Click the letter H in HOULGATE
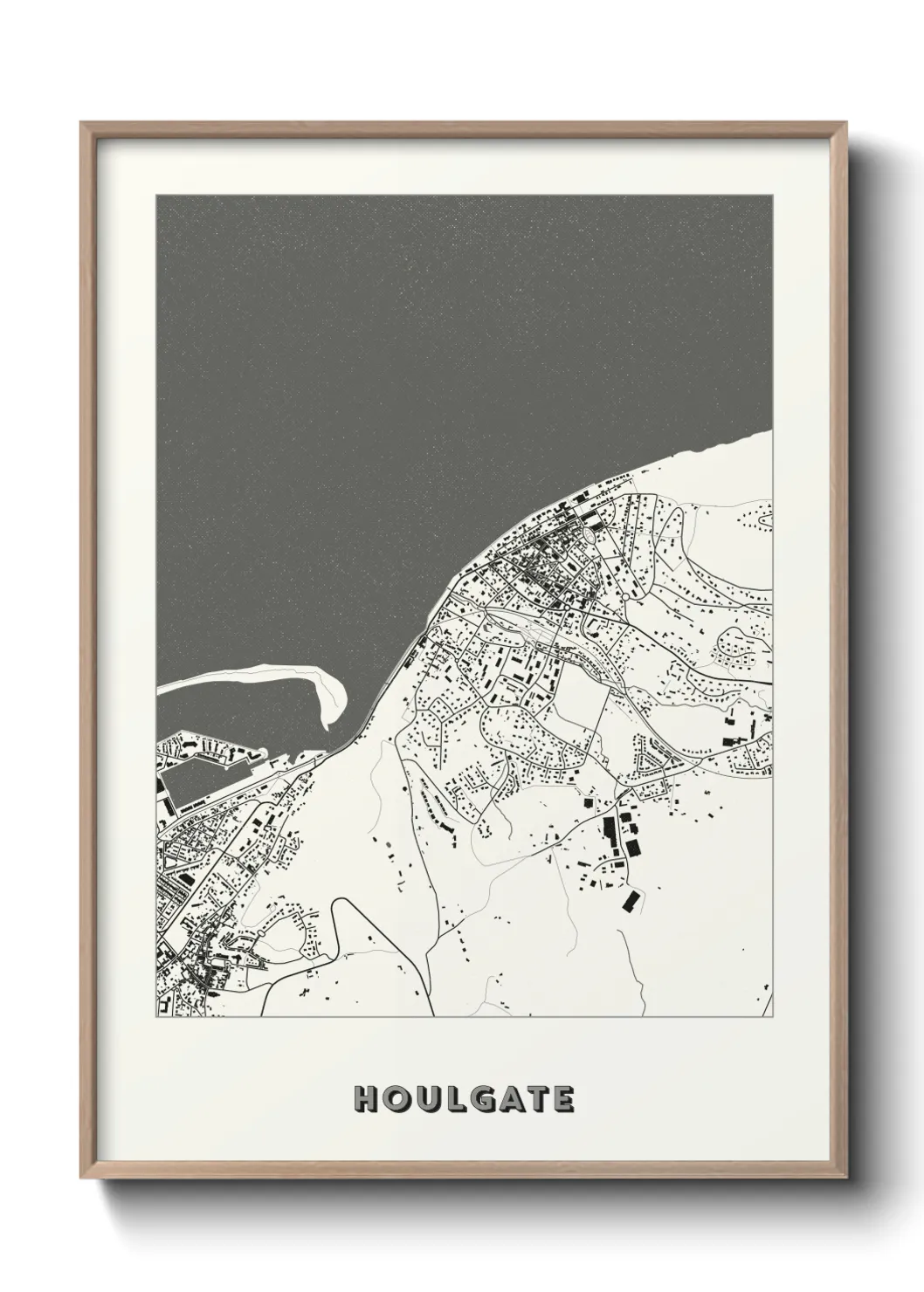pyautogui.click(x=365, y=1099)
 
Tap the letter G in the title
pyautogui.click(x=483, y=1099)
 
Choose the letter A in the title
pyautogui.click(x=511, y=1099)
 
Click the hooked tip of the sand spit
pyautogui.click(x=327, y=724)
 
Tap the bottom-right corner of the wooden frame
pyautogui.click(x=846, y=1179)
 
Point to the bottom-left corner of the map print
pyautogui.click(x=157, y=1016)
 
